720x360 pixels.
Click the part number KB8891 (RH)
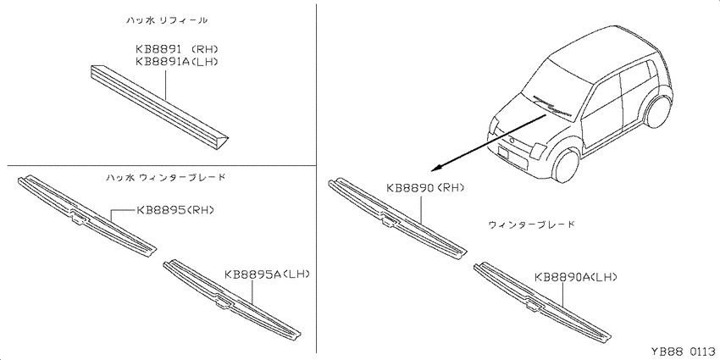click(x=176, y=48)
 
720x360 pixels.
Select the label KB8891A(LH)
click(x=176, y=61)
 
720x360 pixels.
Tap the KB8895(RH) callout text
click(x=175, y=210)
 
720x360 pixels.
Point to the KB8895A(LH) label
click(x=267, y=274)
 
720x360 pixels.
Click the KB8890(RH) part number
click(x=425, y=187)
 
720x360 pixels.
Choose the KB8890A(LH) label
click(x=576, y=277)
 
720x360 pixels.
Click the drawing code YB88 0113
click(x=682, y=352)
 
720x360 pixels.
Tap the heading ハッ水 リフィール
click(x=167, y=20)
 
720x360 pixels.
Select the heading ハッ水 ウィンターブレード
click(x=165, y=177)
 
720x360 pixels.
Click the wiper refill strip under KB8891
click(x=158, y=107)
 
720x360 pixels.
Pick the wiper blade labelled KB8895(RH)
click(x=86, y=215)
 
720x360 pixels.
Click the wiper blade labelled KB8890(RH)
click(x=397, y=219)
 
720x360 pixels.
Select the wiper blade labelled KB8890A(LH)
click(x=543, y=303)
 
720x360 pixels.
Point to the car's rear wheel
click(x=657, y=111)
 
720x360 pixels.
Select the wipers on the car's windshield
click(x=549, y=105)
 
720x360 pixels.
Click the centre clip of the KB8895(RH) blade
click(x=79, y=216)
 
